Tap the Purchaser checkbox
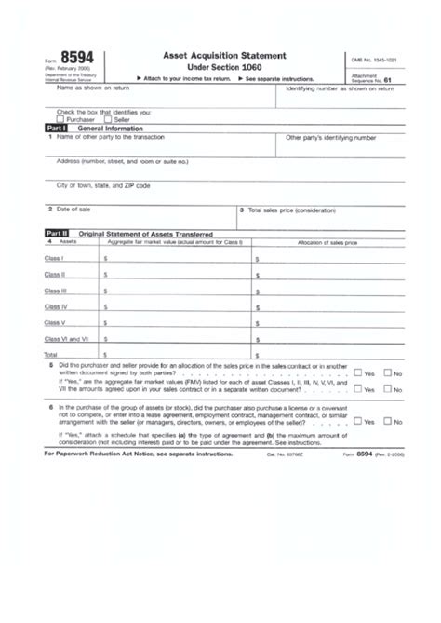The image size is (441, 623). coord(60,119)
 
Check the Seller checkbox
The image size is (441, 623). coord(108,119)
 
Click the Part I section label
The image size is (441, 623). coord(58,128)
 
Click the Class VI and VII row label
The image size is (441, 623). coord(66,339)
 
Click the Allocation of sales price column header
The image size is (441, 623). coord(327,241)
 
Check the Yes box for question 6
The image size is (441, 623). coord(359,421)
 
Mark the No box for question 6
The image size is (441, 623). coord(390,421)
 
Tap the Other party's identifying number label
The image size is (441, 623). coord(330,137)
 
